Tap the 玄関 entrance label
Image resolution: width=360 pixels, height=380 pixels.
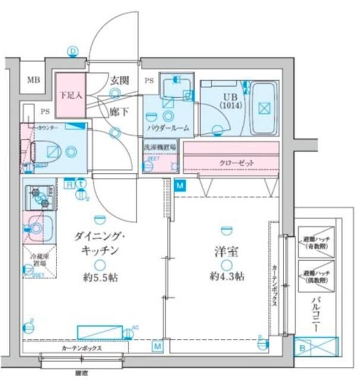pos(121,80)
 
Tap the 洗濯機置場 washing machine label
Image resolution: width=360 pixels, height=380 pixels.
pos(160,146)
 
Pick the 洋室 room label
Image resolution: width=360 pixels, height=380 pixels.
pos(226,251)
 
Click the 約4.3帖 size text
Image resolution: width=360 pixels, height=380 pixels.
pos(226,276)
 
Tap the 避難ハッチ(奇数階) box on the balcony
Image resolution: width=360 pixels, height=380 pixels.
pos(315,240)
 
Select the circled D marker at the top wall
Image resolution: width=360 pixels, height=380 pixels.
pos(73,51)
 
